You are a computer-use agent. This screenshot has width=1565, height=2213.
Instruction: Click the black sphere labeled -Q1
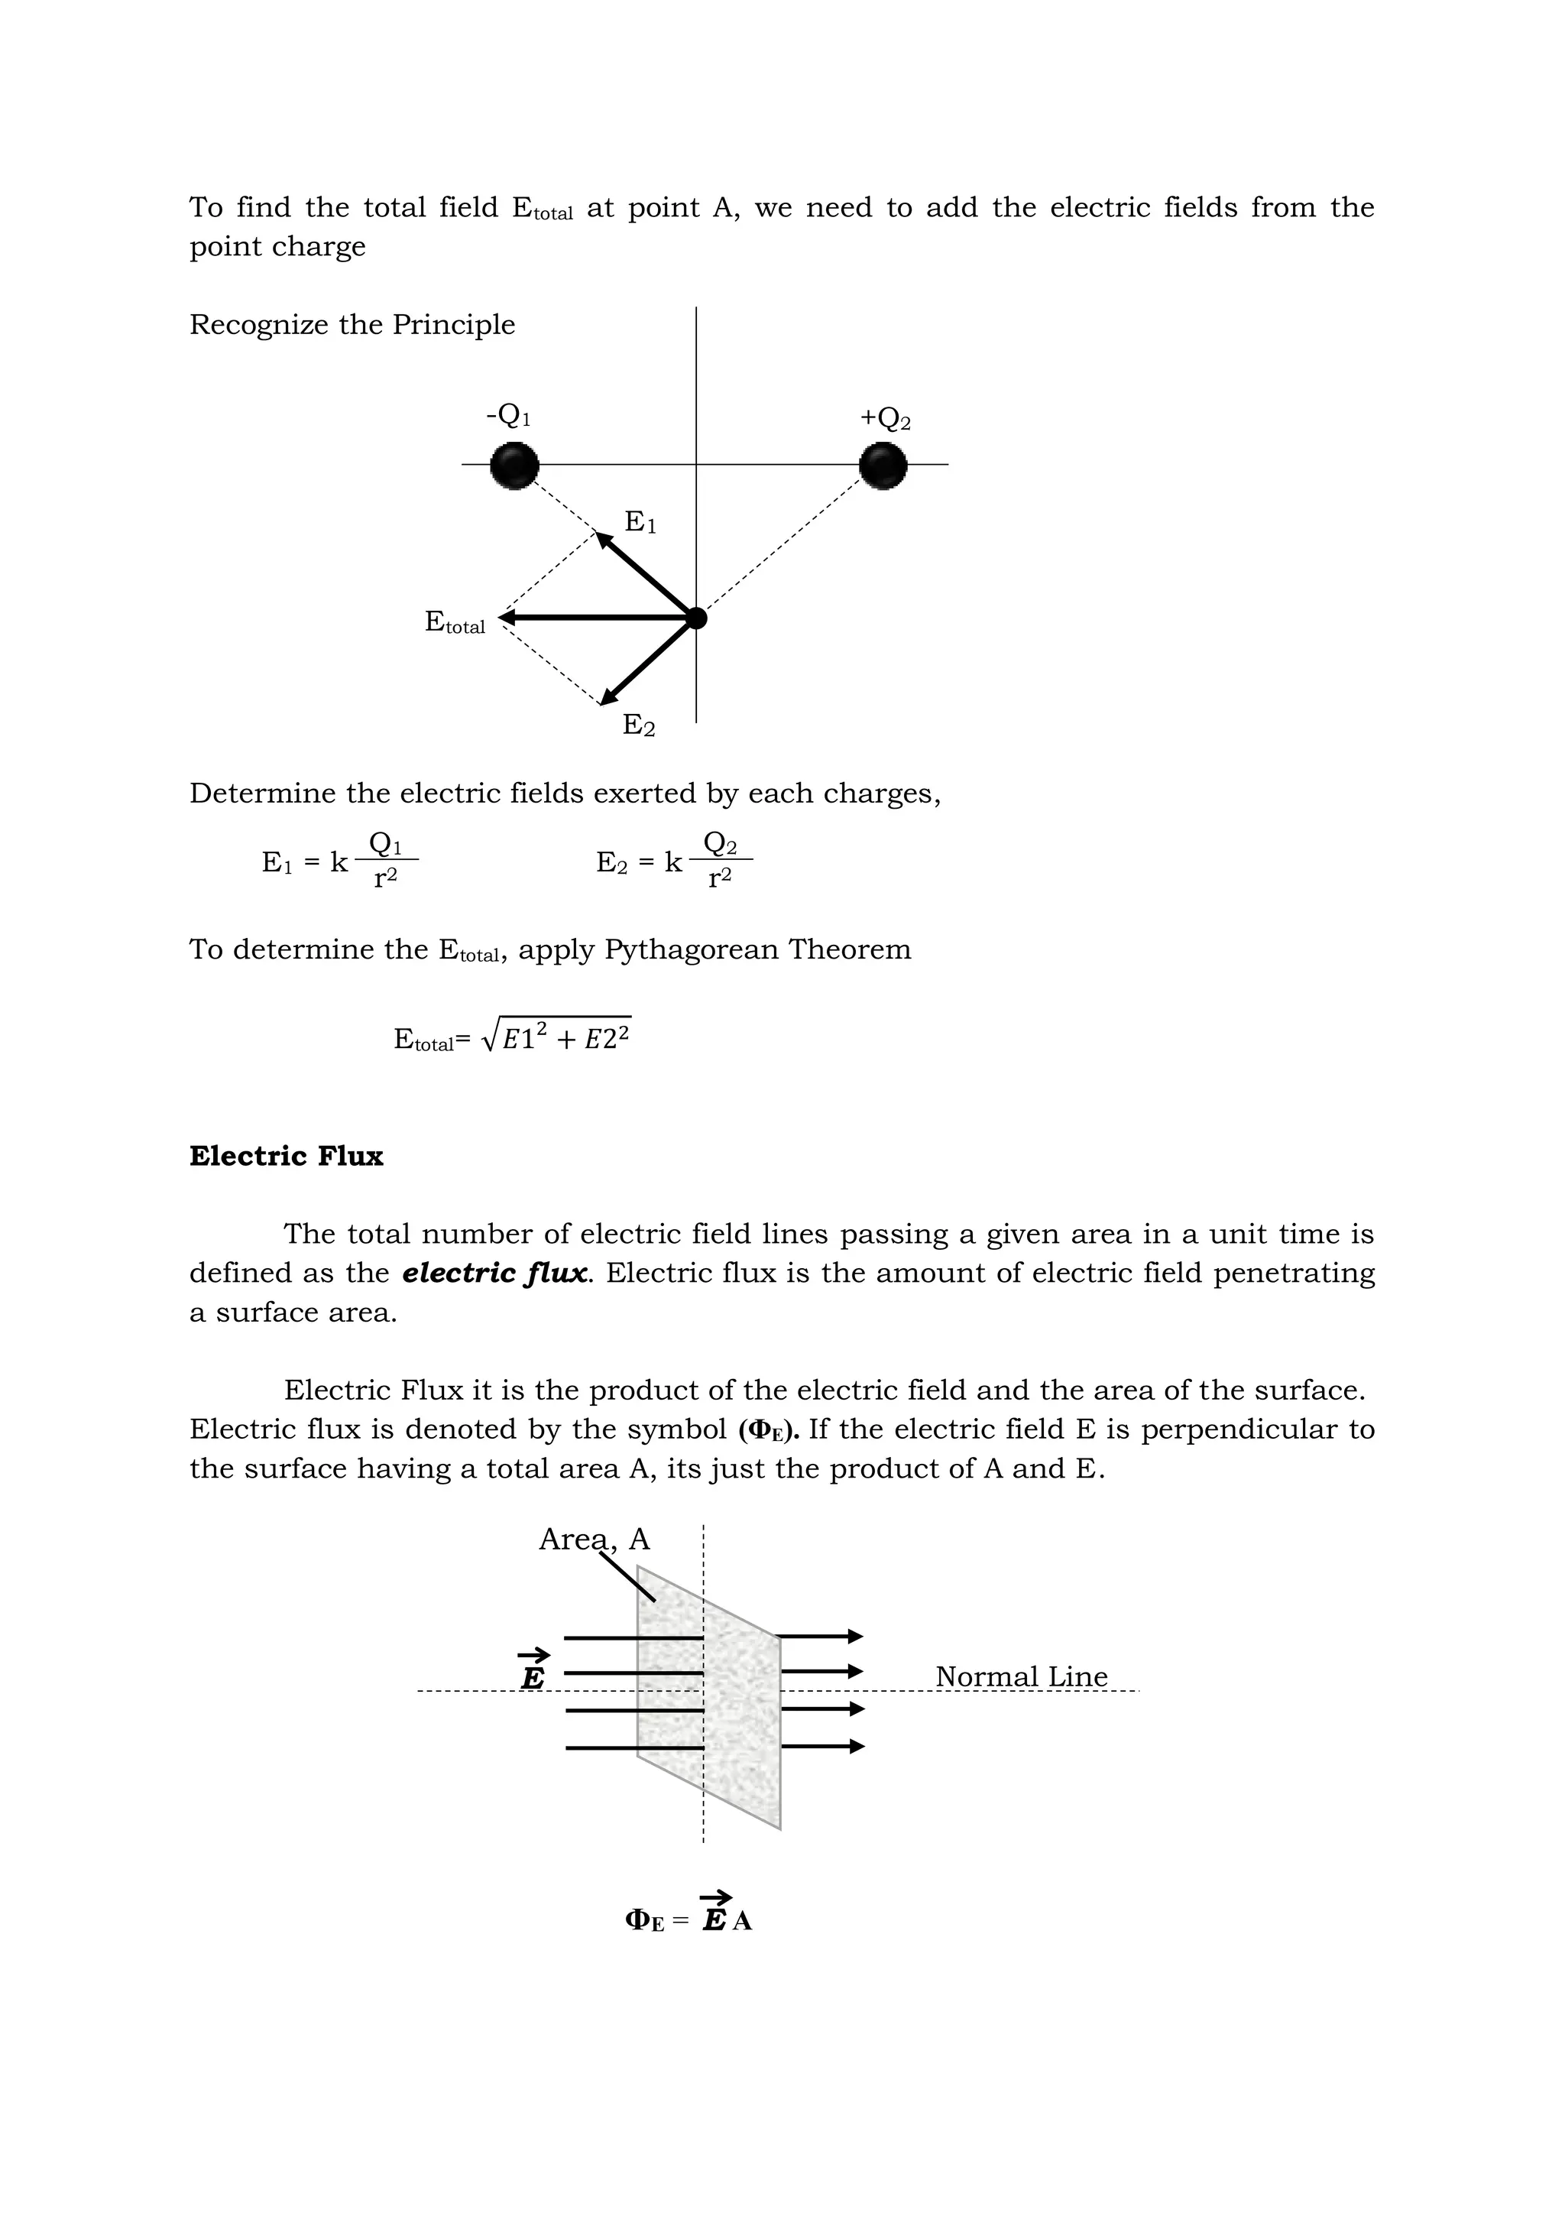coord(514,466)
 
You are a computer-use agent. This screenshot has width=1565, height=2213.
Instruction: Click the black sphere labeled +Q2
coord(883,466)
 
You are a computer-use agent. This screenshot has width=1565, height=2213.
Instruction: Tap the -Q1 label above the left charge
coord(509,417)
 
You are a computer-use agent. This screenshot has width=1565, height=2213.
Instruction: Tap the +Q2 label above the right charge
coord(886,419)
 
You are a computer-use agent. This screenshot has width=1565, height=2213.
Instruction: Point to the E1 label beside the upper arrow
coord(640,522)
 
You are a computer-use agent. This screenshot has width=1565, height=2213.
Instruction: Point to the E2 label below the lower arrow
coord(639,725)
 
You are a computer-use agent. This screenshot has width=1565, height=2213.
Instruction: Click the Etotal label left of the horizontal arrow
coord(455,623)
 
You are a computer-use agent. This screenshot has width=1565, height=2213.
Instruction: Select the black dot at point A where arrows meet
coord(697,618)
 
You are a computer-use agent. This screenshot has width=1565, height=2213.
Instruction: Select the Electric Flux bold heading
coord(287,1157)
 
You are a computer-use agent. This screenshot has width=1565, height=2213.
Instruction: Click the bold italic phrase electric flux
coord(494,1274)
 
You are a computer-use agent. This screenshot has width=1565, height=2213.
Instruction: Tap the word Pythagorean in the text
coord(692,949)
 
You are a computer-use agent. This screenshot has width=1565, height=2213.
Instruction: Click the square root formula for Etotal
coord(513,1037)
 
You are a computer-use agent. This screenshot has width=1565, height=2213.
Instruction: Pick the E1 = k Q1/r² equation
coord(339,860)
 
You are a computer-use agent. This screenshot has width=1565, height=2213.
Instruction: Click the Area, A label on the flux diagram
coord(594,1540)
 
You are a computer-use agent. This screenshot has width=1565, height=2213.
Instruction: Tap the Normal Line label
coord(1022,1676)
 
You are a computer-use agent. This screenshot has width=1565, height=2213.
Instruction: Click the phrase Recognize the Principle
coord(352,325)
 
